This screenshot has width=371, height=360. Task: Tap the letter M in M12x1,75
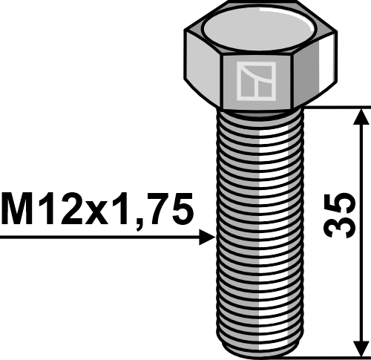tap(18, 209)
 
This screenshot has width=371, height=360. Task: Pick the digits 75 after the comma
tap(167, 209)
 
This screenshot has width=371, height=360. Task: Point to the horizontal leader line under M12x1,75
tap(96, 238)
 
